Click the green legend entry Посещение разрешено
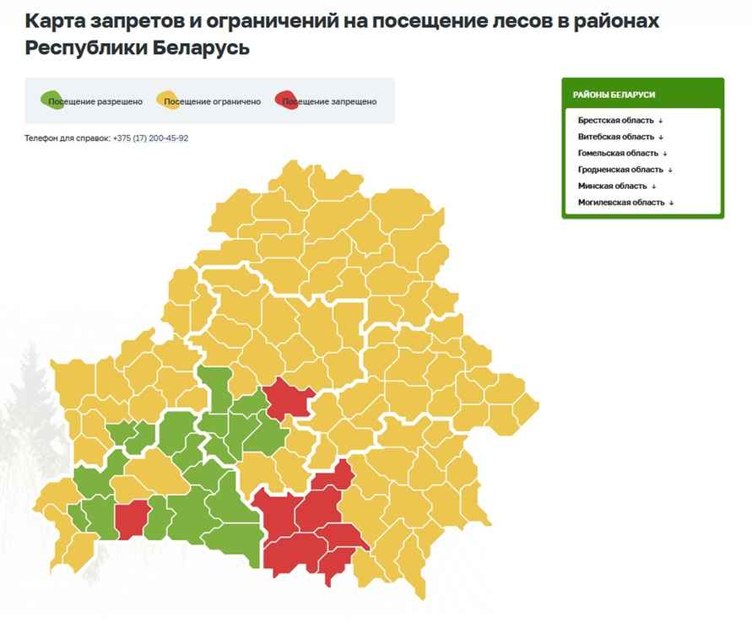[93, 101]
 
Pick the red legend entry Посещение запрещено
[327, 101]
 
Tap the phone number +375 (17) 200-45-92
[150, 138]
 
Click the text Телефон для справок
[68, 138]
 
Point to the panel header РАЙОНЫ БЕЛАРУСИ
[614, 95]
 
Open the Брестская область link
[616, 121]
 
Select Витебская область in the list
[616, 137]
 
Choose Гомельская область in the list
[618, 153]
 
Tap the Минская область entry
[612, 186]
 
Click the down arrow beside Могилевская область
[672, 203]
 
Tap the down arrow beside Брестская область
[662, 121]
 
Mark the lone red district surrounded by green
[131, 518]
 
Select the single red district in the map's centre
[289, 398]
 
